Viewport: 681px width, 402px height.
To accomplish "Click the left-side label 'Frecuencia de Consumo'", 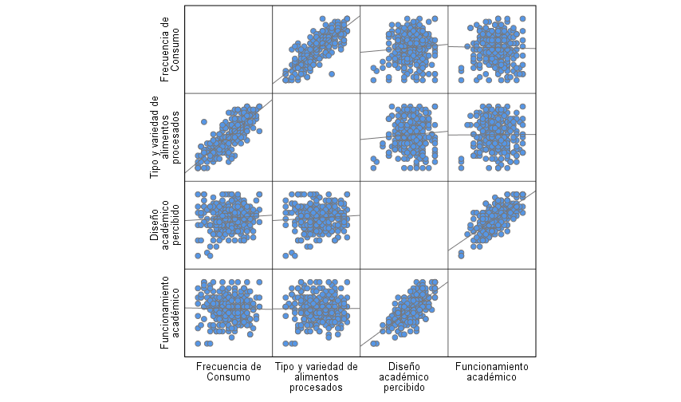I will click(170, 49).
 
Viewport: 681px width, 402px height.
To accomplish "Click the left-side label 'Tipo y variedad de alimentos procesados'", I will click(165, 137).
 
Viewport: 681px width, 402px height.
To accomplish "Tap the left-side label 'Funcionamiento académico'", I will click(170, 313).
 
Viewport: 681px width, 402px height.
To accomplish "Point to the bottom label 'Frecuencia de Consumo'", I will click(228, 372).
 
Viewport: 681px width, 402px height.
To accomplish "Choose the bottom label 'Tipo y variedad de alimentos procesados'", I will click(317, 376).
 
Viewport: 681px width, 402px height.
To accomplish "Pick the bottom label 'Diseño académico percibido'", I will click(403, 376).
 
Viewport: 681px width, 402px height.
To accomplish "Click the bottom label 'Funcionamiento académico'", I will click(491, 372).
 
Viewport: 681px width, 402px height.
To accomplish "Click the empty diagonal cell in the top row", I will click(229, 49).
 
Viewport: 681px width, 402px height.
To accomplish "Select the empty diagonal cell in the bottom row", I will click(491, 313).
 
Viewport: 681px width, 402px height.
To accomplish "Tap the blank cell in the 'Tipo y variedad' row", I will click(317, 137).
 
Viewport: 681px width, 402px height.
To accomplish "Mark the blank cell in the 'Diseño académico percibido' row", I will click(403, 225).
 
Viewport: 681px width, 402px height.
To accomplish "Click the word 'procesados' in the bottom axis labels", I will click(317, 387).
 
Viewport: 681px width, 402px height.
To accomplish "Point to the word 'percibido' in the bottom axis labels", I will click(403, 387).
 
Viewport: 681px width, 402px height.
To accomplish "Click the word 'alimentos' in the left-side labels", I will click(165, 137).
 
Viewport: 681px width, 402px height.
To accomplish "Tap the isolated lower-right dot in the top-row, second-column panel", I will click(331, 74).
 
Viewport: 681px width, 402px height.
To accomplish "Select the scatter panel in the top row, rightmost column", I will click(491, 49).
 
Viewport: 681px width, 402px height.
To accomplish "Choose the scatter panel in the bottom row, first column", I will click(229, 313).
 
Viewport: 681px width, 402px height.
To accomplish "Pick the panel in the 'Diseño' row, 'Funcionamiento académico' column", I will click(491, 225).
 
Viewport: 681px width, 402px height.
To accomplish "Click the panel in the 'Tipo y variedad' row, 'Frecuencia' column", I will click(229, 137).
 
